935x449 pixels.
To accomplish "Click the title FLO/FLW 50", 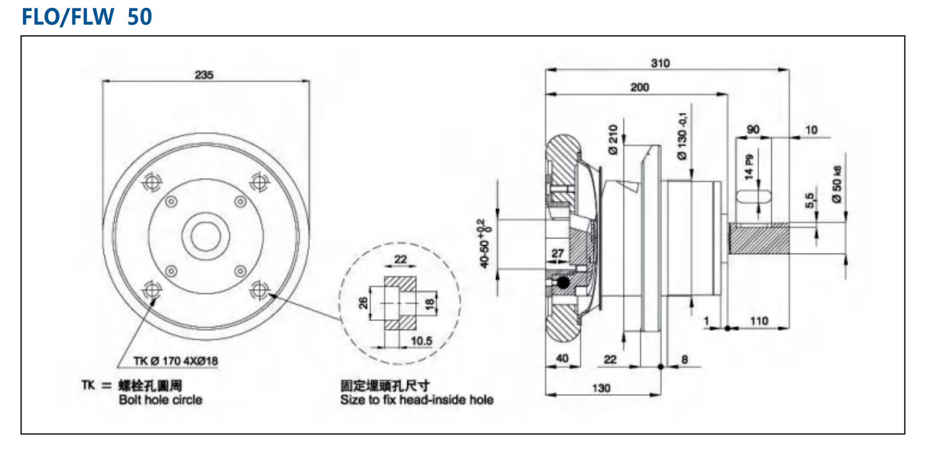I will click(87, 17).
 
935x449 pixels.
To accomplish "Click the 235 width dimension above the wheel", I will click(204, 75).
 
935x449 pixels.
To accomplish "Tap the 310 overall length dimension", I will click(660, 63).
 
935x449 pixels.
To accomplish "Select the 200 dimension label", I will click(639, 87).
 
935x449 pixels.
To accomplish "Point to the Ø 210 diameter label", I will click(613, 139).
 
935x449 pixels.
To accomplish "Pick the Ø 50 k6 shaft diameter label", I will click(837, 184).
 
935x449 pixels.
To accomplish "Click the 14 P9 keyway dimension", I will click(749, 167).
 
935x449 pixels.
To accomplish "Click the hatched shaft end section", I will click(759, 239).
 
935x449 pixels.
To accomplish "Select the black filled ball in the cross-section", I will click(563, 283).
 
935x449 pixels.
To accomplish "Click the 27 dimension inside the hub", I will click(558, 254).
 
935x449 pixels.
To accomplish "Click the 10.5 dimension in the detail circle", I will click(421, 341).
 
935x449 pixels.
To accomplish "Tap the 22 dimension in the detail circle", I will click(400, 259).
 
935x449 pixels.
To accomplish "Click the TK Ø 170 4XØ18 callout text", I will click(175, 361).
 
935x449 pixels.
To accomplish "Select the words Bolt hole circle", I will click(160, 400).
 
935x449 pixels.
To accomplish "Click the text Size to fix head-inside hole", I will click(416, 400).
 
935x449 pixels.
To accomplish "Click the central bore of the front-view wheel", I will click(205, 236).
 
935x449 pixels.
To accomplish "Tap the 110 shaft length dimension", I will click(759, 321).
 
